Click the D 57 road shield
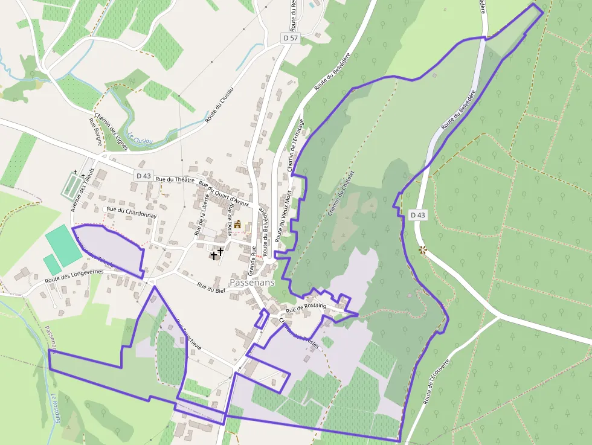pyautogui.click(x=291, y=38)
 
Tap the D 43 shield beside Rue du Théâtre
pyautogui.click(x=143, y=175)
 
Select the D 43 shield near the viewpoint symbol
pyautogui.click(x=417, y=214)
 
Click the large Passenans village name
pyautogui.click(x=252, y=282)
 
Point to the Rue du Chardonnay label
pyautogui.click(x=132, y=212)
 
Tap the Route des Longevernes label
pyautogui.click(x=74, y=276)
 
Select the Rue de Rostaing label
pyautogui.click(x=306, y=308)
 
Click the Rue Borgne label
pyautogui.click(x=95, y=132)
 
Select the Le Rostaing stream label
pyautogui.click(x=56, y=408)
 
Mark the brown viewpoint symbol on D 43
pyautogui.click(x=422, y=249)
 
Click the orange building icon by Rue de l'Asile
pyautogui.click(x=237, y=225)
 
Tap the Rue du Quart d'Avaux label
pyautogui.click(x=224, y=194)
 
